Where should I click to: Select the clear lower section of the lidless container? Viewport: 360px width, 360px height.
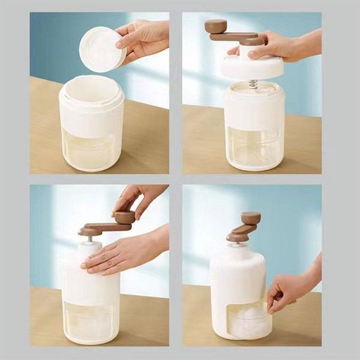pyautogui.click(x=92, y=150)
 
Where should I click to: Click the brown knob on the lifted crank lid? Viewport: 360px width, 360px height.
pyautogui.click(x=216, y=26)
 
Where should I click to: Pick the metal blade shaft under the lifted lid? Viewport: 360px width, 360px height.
pyautogui.click(x=253, y=85)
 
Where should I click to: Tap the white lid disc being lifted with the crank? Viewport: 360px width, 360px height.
pyautogui.click(x=252, y=67)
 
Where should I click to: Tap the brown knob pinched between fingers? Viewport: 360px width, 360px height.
pyautogui.click(x=125, y=217)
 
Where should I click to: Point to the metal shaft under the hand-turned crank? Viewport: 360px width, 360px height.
pyautogui.click(x=91, y=238)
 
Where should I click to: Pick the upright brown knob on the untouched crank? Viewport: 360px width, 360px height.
pyautogui.click(x=251, y=218)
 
